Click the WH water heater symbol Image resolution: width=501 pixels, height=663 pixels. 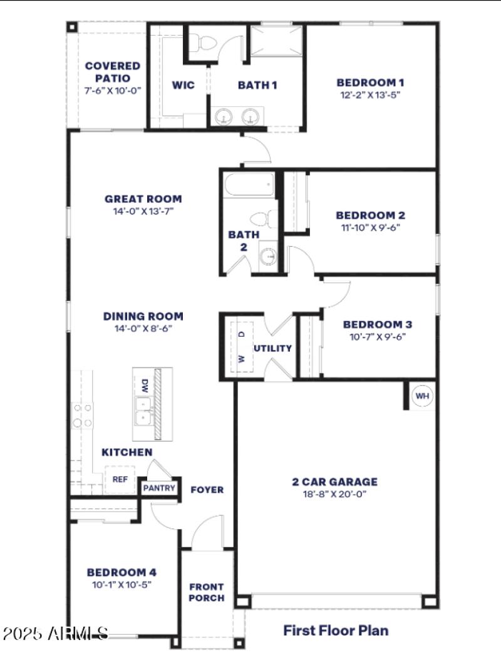click(x=422, y=396)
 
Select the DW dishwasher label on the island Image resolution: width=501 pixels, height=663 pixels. click(x=145, y=385)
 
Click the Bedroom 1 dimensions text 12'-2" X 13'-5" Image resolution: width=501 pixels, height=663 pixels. click(x=370, y=95)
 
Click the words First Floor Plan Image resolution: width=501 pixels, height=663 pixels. click(x=336, y=630)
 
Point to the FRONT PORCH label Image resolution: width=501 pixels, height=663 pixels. click(x=206, y=592)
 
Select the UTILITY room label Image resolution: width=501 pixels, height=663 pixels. click(x=272, y=348)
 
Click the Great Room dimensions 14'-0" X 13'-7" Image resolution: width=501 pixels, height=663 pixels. click(x=143, y=211)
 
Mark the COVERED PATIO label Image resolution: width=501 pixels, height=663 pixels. click(x=113, y=72)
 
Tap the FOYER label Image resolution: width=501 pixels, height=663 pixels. click(x=207, y=490)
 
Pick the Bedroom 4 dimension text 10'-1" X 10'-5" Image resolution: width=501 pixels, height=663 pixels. click(x=121, y=584)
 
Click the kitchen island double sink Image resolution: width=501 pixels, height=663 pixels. click(x=143, y=411)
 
